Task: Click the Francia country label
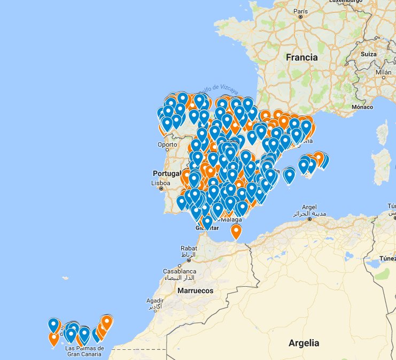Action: click(301, 57)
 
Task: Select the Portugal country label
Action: click(167, 173)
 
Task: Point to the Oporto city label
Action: click(167, 145)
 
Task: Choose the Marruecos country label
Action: click(196, 290)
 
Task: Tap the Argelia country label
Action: click(304, 343)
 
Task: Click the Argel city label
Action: click(309, 206)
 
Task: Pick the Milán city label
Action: click(383, 72)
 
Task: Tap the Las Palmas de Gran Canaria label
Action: click(84, 351)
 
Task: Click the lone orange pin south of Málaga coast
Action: click(236, 231)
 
